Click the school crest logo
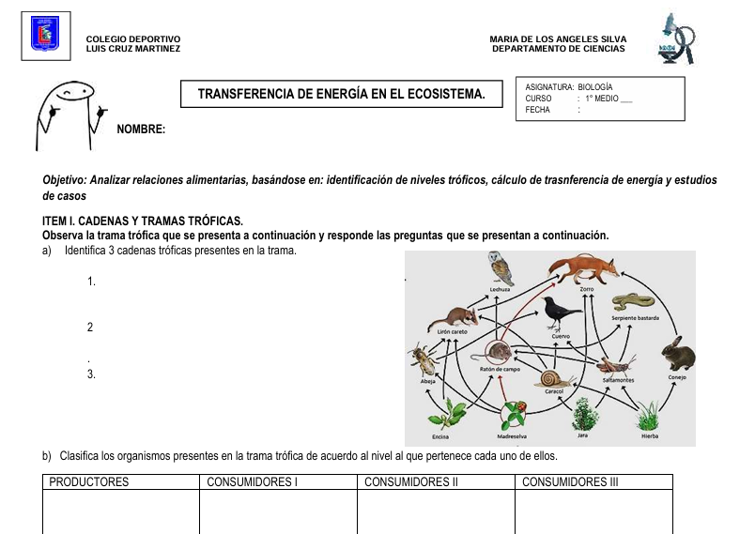(45, 34)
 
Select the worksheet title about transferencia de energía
(342, 94)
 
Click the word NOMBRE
(141, 130)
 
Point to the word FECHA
(538, 110)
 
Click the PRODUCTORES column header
(89, 482)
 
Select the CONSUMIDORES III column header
(570, 482)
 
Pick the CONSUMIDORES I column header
(252, 482)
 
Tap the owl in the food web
(501, 268)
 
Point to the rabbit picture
(677, 355)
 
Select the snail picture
(553, 377)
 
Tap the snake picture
(633, 302)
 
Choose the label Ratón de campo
(500, 370)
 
